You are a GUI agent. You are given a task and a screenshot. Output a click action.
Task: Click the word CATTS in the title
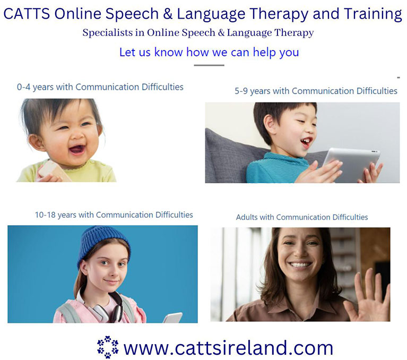click(27, 14)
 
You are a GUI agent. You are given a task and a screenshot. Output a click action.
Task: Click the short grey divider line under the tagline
click(209, 65)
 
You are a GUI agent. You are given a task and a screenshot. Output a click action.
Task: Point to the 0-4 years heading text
click(100, 87)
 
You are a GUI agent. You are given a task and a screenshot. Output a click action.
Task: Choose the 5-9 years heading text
click(316, 91)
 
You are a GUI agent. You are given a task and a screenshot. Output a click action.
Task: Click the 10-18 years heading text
click(114, 215)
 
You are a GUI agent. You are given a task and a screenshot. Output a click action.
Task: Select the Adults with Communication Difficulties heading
click(302, 217)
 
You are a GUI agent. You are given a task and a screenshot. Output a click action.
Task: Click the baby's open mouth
click(77, 150)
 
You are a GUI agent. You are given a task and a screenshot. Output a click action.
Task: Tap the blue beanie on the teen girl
click(103, 244)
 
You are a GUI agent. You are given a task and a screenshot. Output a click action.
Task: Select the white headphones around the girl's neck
click(104, 306)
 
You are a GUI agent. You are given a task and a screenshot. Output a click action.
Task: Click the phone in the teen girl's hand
click(173, 318)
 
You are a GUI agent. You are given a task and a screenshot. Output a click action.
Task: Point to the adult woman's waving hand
click(368, 297)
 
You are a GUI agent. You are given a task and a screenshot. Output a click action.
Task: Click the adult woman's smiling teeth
click(300, 265)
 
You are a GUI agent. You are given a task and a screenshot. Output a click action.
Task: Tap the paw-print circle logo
click(108, 347)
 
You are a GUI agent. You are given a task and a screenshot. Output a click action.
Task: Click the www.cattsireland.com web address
click(228, 348)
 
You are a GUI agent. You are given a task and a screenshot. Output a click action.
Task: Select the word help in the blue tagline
click(265, 53)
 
